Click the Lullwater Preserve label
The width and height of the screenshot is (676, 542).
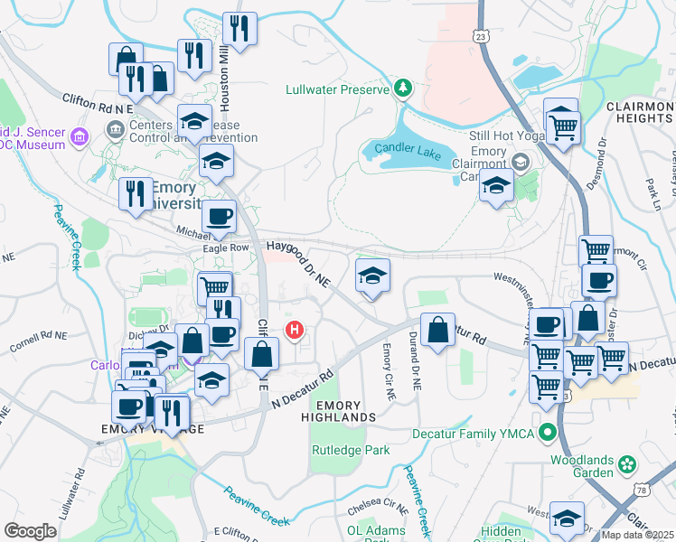point(336,89)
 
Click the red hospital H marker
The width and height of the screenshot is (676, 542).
point(294,331)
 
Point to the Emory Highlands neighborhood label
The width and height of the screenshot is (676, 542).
point(345,412)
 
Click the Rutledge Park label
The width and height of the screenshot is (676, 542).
point(351,450)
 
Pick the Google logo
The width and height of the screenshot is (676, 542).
point(31,531)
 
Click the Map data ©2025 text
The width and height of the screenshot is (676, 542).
point(637,535)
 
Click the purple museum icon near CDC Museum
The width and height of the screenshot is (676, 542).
point(80,137)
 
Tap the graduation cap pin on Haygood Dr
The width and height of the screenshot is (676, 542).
point(371,276)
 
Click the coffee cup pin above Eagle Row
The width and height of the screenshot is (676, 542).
point(219,217)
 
